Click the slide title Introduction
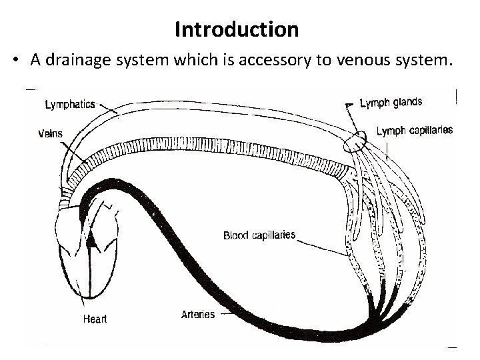(237, 29)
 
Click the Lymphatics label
(70, 104)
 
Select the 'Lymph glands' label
(391, 102)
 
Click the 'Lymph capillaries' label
(414, 131)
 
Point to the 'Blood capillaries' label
(259, 235)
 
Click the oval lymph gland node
(356, 141)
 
